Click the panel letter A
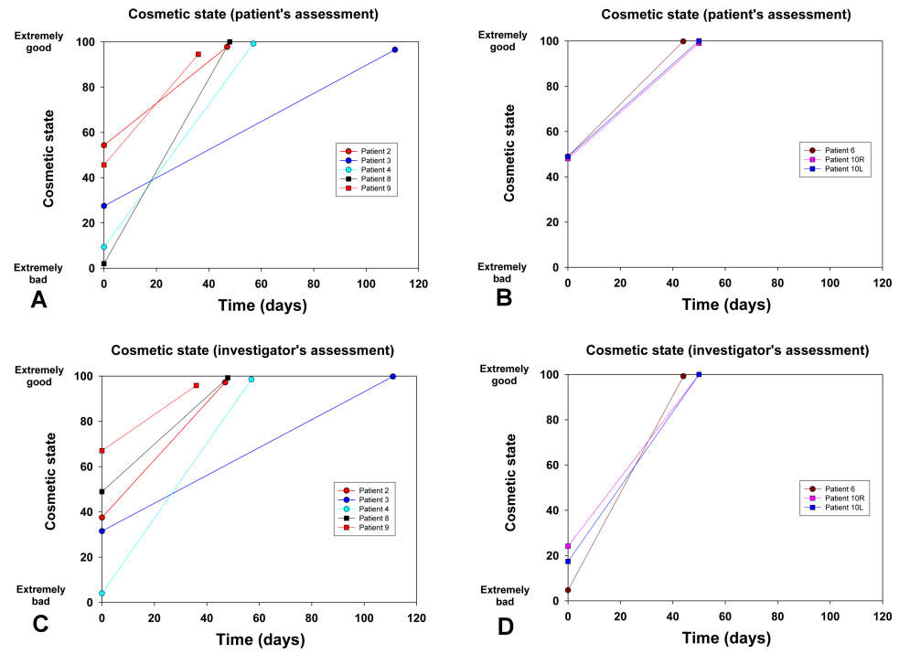[x=38, y=300]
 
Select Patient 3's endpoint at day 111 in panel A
[x=395, y=49]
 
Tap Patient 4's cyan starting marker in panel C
[x=102, y=594]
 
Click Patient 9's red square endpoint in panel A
[x=198, y=54]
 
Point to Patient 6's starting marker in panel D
[x=568, y=590]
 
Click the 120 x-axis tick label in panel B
[x=882, y=282]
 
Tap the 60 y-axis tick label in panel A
[x=90, y=133]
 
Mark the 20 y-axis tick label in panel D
[x=552, y=555]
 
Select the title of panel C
[x=252, y=350]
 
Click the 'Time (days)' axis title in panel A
[x=262, y=306]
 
